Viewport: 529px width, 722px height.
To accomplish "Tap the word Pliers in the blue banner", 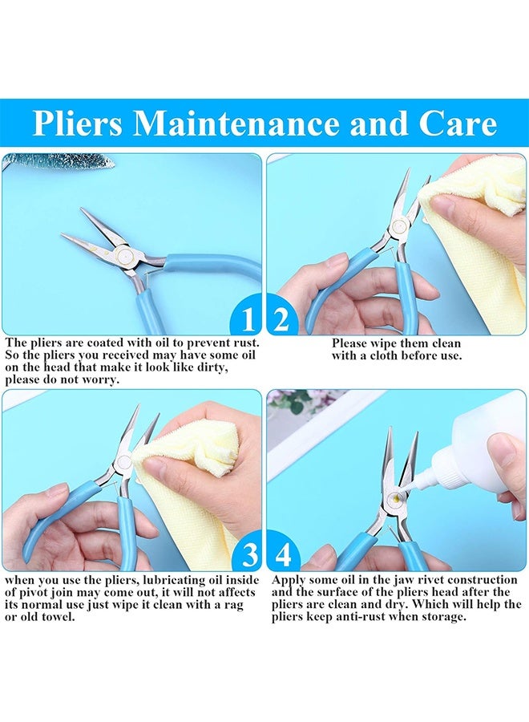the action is click(x=77, y=124).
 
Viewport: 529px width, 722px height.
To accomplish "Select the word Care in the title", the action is click(x=458, y=124).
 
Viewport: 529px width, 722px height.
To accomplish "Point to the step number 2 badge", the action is click(x=281, y=318).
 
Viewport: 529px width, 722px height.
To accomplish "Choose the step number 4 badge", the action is click(x=282, y=554).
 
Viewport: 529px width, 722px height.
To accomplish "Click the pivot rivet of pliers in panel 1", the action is click(x=124, y=254).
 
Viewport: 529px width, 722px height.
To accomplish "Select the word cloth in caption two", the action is click(x=382, y=355).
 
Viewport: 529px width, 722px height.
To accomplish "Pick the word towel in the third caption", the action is click(x=57, y=617).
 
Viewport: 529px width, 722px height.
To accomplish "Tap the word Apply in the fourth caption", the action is click(x=289, y=580).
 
